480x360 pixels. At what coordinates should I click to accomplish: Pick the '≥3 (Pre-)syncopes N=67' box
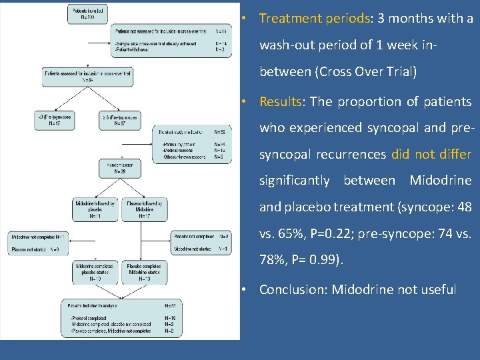point(120,119)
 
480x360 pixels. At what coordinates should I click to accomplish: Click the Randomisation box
point(120,167)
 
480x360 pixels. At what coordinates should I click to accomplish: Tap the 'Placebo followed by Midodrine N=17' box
point(141,209)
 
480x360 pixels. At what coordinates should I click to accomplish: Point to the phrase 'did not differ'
point(431,155)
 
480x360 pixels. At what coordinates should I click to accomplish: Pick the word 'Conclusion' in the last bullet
point(293,290)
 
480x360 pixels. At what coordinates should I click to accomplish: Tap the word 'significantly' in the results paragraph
point(294,181)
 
